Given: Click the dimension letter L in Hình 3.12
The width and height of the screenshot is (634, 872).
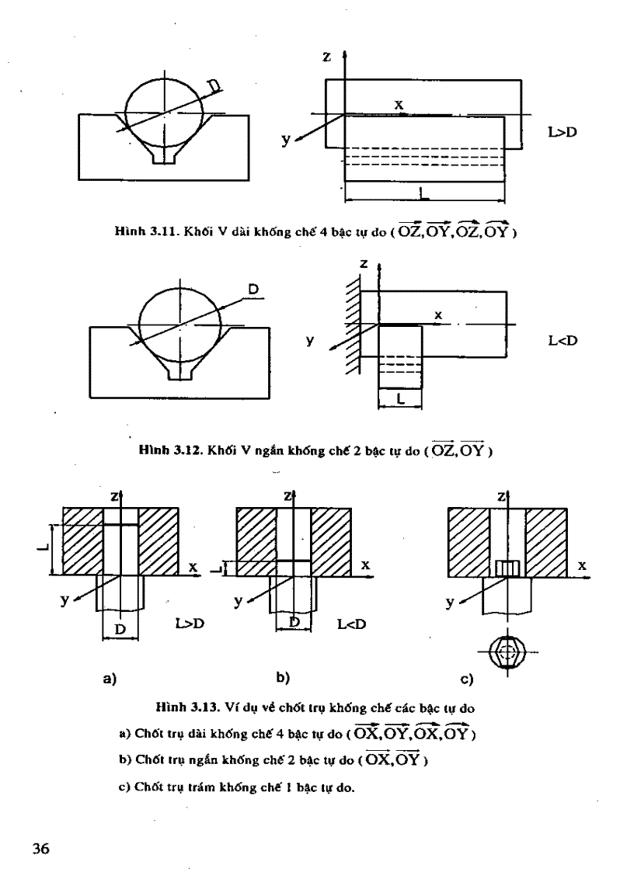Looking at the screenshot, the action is pyautogui.click(x=399, y=398).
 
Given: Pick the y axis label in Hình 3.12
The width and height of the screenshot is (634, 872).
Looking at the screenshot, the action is pyautogui.click(x=310, y=340).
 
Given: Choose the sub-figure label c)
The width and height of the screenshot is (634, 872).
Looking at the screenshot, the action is pyautogui.click(x=467, y=680).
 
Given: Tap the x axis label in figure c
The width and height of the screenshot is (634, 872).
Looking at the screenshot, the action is pyautogui.click(x=581, y=567).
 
